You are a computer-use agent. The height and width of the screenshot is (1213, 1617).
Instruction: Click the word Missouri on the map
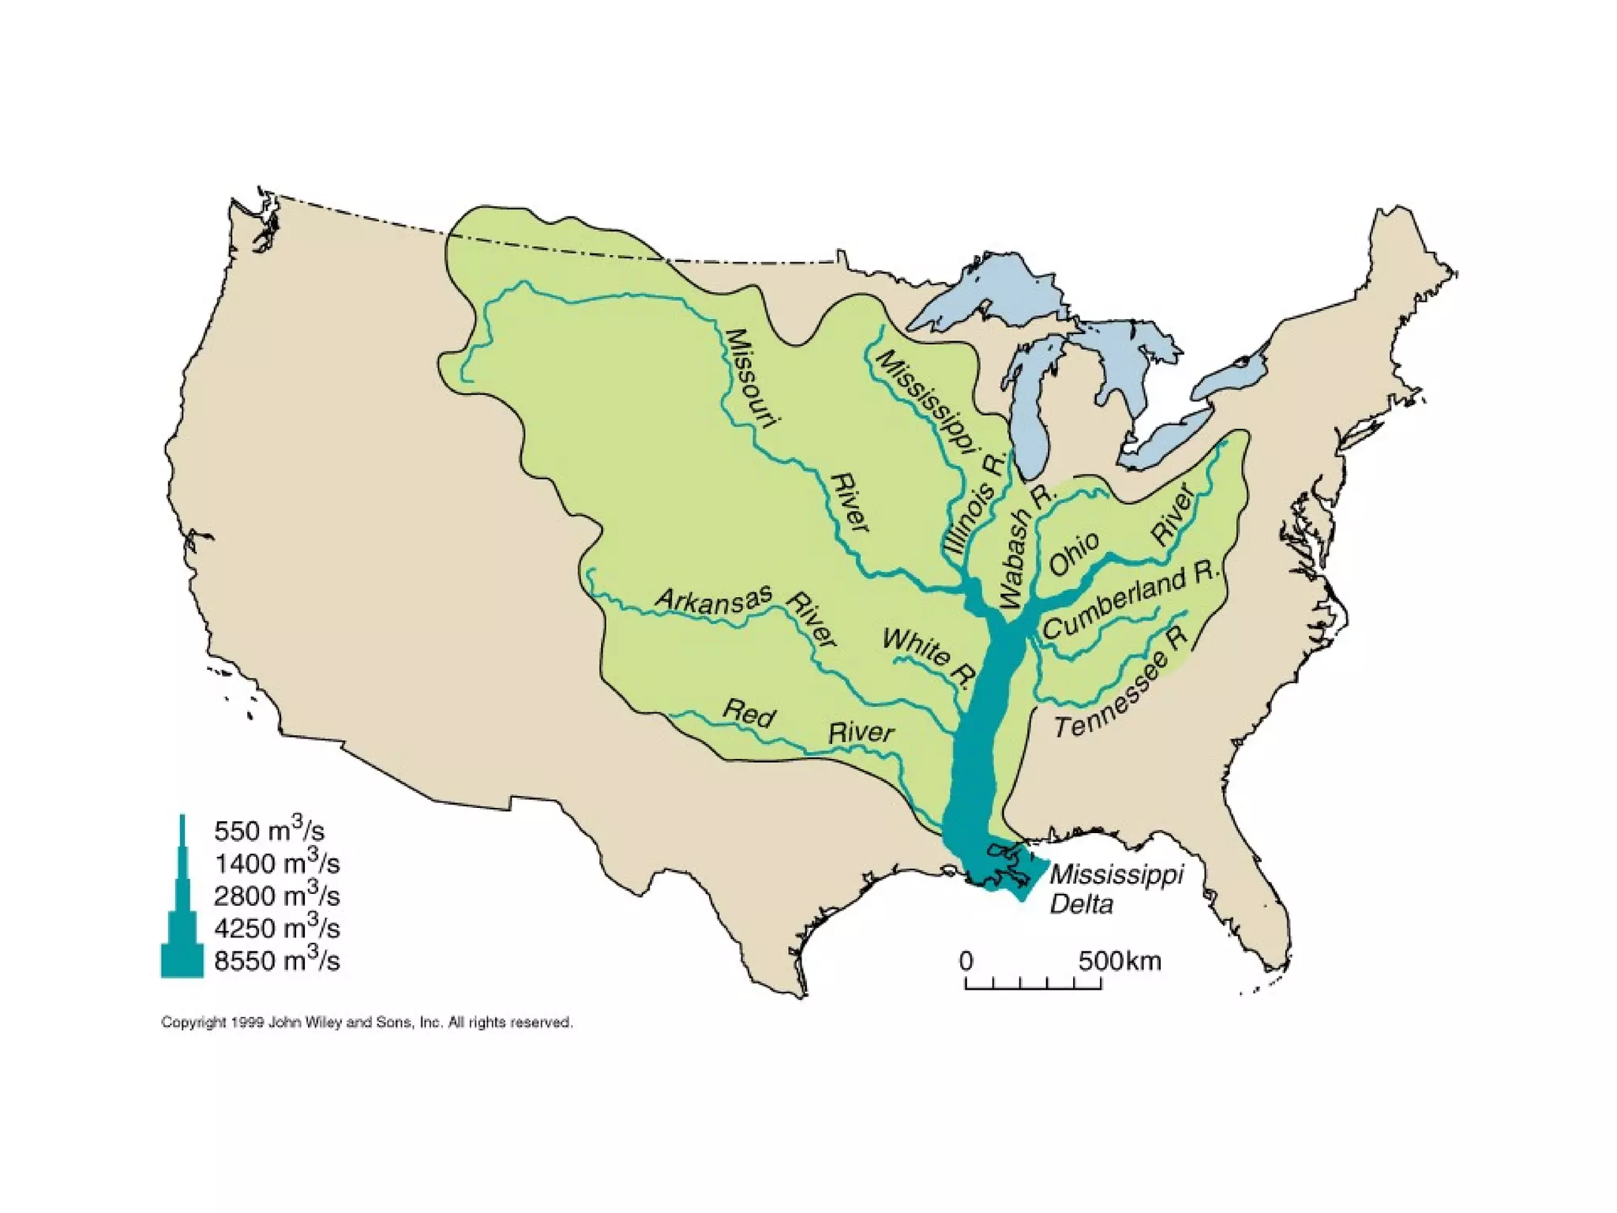pos(751,378)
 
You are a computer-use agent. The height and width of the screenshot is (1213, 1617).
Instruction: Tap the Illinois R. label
pos(976,505)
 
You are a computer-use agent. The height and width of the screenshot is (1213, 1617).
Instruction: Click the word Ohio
pos(1074,553)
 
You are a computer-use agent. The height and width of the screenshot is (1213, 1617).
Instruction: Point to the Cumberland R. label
pos(1131,600)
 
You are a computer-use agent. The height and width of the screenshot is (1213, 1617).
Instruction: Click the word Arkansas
pos(713,601)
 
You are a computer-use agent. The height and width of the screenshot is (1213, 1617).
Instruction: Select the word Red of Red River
pos(748,713)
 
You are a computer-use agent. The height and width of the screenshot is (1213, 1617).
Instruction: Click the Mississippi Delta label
pos(1115,888)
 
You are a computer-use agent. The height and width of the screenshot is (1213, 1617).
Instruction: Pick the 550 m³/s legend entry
pos(268,830)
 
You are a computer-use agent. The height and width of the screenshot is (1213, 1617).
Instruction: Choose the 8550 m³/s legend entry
pos(276,960)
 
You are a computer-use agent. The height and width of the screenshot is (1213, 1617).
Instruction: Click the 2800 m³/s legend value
pos(276,896)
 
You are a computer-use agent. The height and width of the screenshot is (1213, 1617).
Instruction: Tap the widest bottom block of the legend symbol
pos(182,960)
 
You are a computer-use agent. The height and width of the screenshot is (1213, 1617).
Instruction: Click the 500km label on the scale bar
pos(1120,961)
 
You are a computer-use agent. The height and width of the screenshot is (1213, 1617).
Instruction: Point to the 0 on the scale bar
pos(966,961)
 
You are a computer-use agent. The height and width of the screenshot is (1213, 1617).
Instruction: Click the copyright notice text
pos(367,1022)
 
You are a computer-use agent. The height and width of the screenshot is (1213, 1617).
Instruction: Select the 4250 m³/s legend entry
pos(276,928)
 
